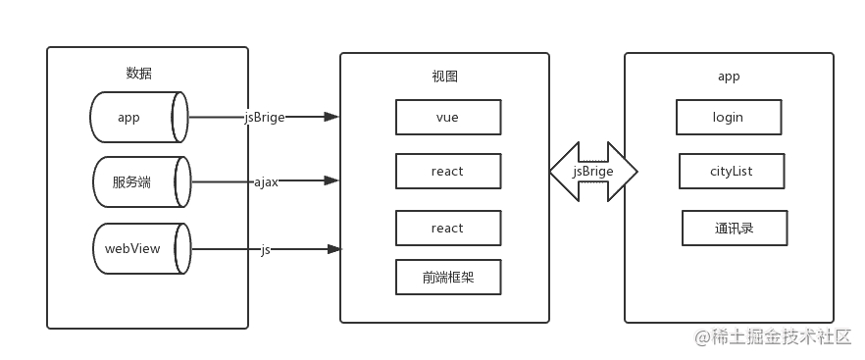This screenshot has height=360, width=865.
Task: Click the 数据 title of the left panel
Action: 138,74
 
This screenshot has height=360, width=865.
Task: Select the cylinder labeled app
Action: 137,118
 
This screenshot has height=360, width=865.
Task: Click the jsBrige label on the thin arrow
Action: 265,118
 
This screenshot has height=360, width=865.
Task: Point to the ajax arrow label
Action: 266,181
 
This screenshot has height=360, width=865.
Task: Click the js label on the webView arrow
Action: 266,249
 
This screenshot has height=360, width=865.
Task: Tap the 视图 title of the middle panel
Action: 444,77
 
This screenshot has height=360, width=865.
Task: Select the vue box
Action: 447,117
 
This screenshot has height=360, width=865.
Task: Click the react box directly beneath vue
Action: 447,172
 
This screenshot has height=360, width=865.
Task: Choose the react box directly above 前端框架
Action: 447,228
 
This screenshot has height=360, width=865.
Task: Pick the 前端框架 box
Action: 447,278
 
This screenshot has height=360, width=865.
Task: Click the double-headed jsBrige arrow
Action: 593,172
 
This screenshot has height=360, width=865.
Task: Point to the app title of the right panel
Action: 729,77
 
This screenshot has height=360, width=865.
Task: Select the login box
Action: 728,117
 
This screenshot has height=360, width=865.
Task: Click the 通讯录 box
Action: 734,229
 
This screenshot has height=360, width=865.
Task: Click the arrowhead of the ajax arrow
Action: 332,180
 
